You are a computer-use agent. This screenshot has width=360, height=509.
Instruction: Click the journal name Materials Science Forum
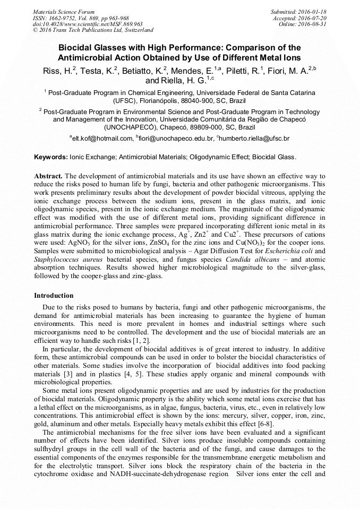64,11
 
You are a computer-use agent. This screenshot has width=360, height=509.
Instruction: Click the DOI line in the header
88,24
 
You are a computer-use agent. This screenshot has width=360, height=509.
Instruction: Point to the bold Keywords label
51,157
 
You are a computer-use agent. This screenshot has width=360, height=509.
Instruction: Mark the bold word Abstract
48,176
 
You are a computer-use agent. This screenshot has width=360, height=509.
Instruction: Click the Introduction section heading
54,295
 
